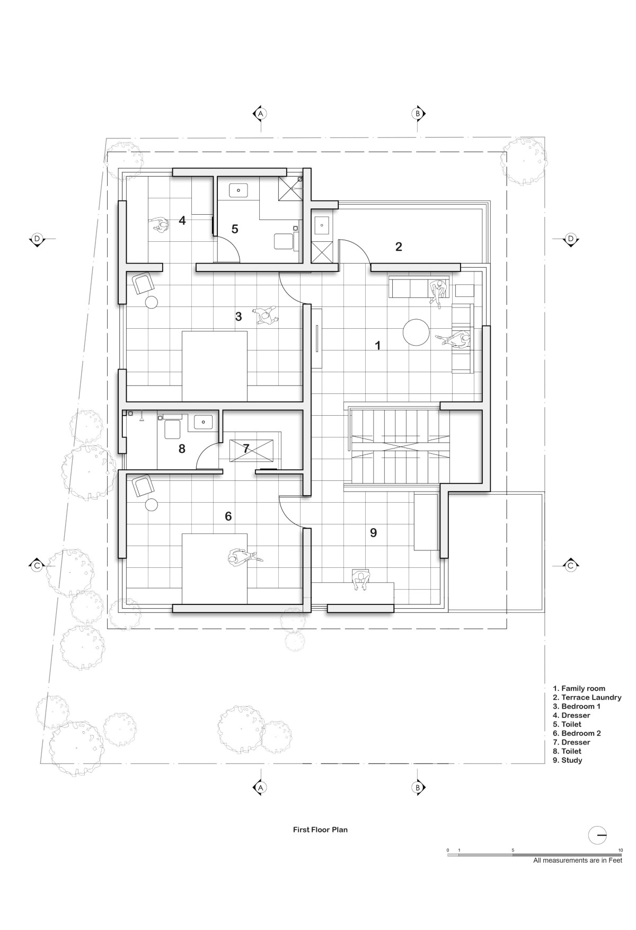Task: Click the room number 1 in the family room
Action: click(378, 345)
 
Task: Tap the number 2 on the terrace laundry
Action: click(399, 247)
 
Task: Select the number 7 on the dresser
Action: click(246, 449)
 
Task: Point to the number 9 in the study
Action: click(374, 533)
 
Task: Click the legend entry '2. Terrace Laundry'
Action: click(587, 698)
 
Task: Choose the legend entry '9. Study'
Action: click(567, 760)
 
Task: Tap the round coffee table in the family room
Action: click(416, 332)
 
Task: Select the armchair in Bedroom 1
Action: click(143, 283)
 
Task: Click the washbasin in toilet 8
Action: click(204, 422)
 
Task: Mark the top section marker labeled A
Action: click(260, 113)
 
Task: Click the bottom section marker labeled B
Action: click(418, 788)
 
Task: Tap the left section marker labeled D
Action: click(37, 239)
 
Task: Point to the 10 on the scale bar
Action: click(620, 850)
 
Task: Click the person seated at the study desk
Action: click(361, 580)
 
